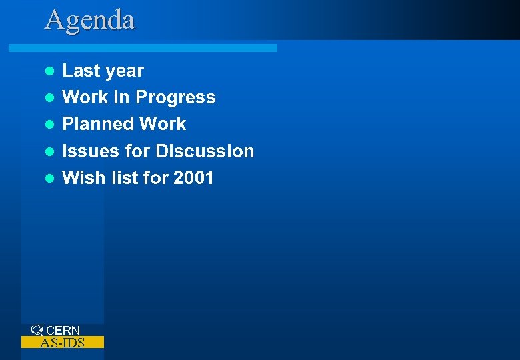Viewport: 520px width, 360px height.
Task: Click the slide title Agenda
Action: point(90,20)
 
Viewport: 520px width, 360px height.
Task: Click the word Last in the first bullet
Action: point(81,71)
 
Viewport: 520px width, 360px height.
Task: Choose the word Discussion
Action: point(205,151)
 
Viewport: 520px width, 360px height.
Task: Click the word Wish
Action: point(79,178)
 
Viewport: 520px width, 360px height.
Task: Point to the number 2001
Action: point(193,178)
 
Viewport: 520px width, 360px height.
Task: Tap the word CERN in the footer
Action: point(63,331)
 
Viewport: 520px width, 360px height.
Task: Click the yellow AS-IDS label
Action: point(63,343)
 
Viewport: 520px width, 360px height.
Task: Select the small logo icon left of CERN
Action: point(37,330)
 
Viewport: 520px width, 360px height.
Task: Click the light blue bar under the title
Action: point(143,48)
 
